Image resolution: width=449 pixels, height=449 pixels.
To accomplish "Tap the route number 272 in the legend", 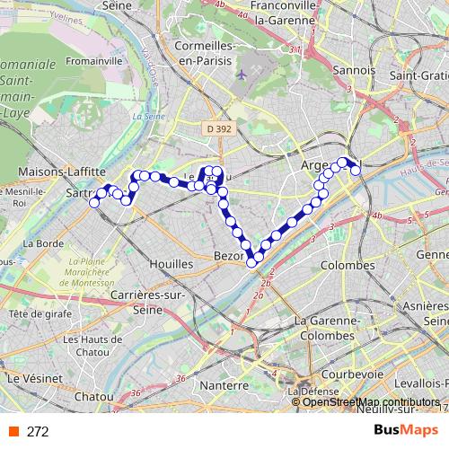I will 38,432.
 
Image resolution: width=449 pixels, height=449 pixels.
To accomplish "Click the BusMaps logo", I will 405,431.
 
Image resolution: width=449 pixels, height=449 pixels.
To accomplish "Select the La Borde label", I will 42,242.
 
